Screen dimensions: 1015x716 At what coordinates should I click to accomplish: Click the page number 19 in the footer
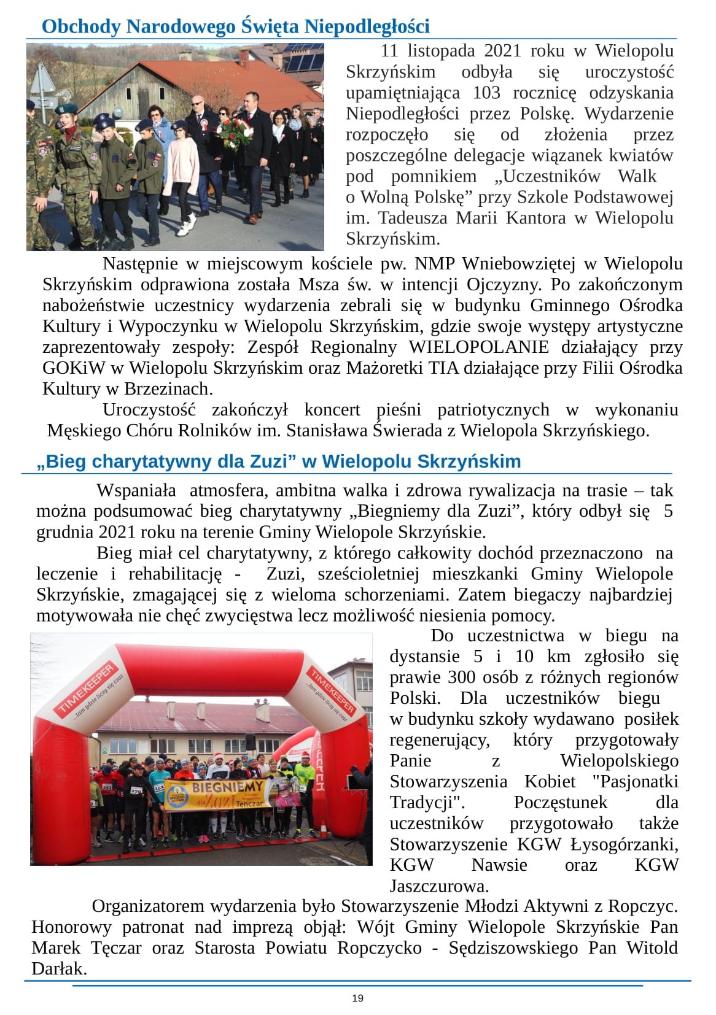pos(357,998)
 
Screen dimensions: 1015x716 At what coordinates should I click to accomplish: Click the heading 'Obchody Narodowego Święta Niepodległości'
pos(235,27)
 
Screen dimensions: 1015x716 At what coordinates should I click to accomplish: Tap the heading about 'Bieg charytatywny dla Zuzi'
pos(279,461)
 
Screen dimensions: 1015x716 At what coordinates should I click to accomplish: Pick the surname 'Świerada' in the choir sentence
pos(407,431)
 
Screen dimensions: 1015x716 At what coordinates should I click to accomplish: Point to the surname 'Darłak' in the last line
pos(57,969)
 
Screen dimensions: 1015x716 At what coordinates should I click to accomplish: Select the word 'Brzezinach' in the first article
pos(168,389)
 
